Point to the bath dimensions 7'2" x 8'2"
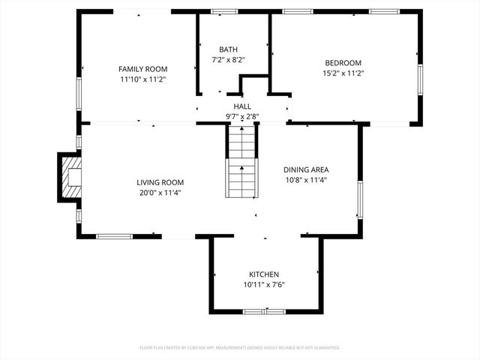pos(228,59)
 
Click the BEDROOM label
pos(343,63)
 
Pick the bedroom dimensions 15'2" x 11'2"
pos(343,73)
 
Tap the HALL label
pos(242,106)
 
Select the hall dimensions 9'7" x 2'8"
pos(242,117)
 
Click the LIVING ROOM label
pos(160,182)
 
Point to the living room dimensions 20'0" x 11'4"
pos(160,193)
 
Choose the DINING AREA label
pos(306,169)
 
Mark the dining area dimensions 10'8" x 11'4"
pos(306,180)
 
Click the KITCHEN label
pos(264,274)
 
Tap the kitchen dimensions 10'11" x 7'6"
pos(264,285)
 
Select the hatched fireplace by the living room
pos(70,177)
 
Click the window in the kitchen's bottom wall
pos(264,310)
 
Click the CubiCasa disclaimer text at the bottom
pos(240,348)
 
